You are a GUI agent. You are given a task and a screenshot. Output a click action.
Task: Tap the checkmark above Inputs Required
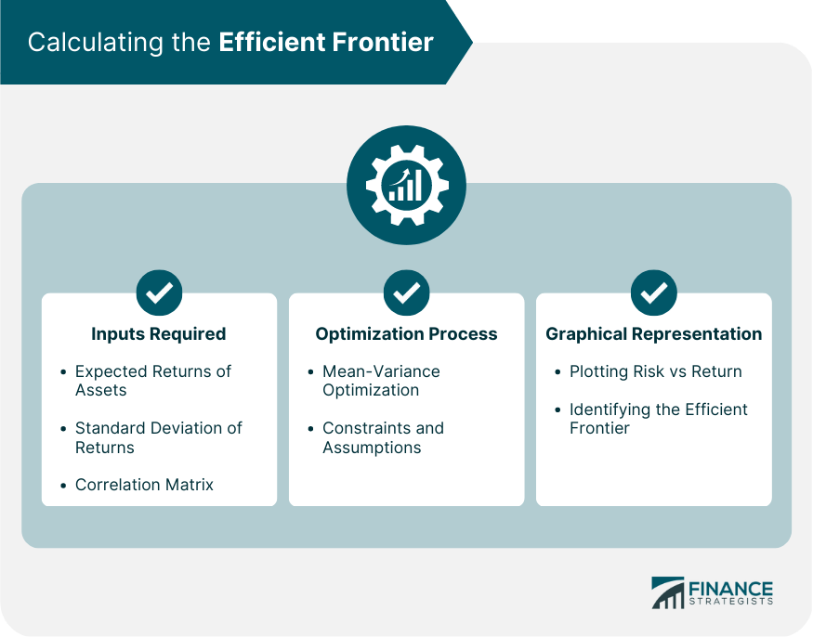(159, 292)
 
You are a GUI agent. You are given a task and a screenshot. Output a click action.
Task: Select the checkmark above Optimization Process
(406, 292)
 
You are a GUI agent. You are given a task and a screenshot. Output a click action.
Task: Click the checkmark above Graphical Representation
(653, 292)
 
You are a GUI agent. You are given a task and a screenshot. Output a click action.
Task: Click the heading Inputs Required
(159, 334)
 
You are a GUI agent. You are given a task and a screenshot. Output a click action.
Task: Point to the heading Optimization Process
(406, 334)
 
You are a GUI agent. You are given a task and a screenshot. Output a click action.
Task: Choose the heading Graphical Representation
(653, 334)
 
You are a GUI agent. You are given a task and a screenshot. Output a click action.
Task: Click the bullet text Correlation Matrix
(144, 485)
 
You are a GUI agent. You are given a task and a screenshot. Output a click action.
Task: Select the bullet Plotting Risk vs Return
(655, 371)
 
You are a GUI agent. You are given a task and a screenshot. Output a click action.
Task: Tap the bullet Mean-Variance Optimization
(381, 381)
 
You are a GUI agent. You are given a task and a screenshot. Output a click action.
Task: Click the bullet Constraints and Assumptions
(383, 437)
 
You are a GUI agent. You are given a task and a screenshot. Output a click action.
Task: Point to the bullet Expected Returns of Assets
(152, 381)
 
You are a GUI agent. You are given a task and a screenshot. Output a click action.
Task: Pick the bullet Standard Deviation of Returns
(158, 437)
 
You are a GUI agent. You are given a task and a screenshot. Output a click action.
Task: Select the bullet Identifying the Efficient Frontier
(658, 419)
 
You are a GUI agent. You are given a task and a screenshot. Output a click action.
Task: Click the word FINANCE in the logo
(730, 589)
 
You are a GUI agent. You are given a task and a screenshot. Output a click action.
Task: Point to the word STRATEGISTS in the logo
(730, 604)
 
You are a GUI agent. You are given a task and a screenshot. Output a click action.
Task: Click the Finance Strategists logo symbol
(667, 593)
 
